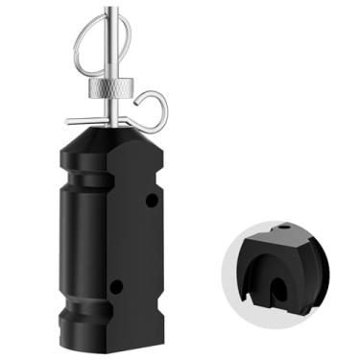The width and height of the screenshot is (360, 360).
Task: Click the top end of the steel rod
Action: click(116, 7)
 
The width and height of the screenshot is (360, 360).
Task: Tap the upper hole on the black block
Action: click(151, 201)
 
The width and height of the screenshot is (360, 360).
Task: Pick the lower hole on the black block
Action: click(115, 286)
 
